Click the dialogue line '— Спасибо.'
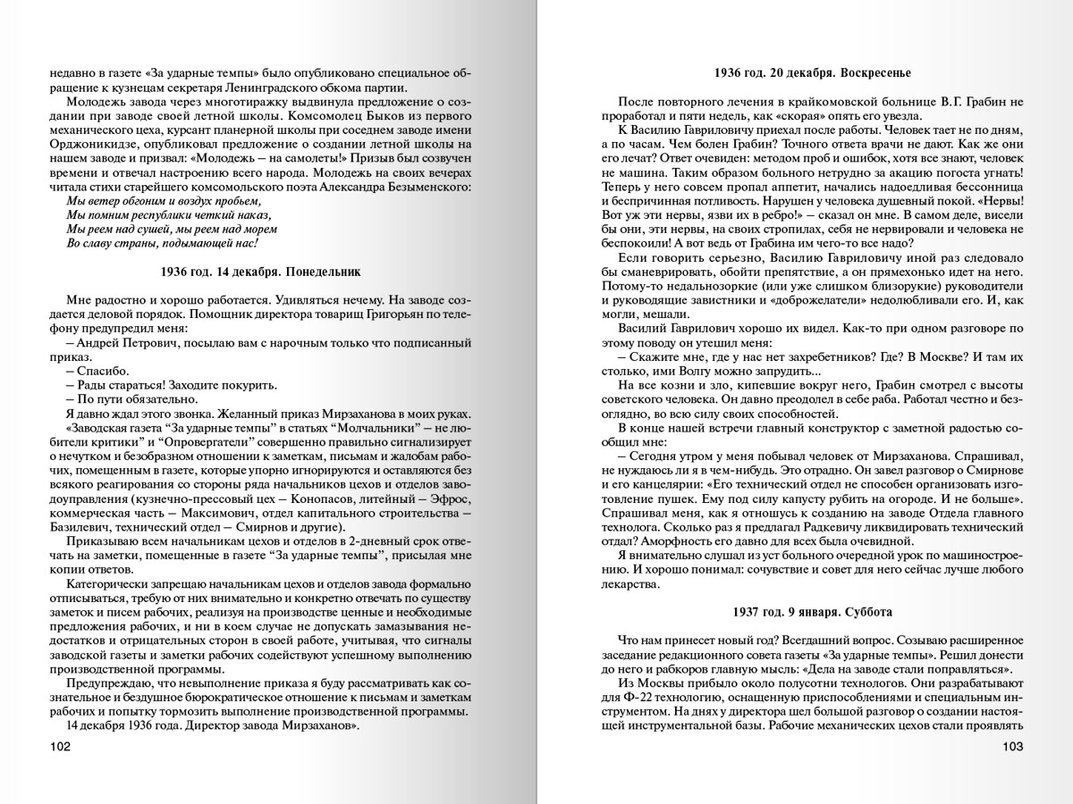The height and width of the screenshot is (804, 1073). pyautogui.click(x=97, y=371)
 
